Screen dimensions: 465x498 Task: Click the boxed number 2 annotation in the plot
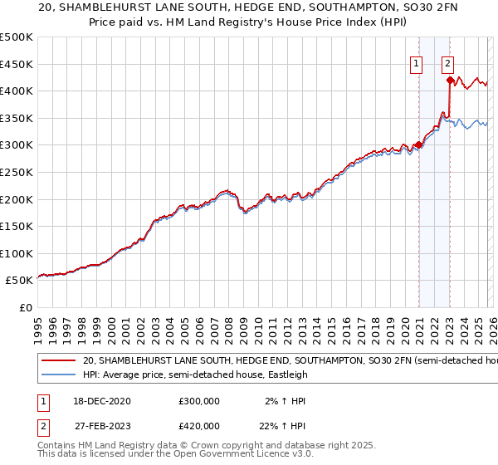pos(447,62)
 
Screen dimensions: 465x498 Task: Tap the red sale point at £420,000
pos(450,81)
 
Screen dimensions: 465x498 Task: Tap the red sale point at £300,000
pos(418,145)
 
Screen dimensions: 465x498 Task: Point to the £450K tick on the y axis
pos(17,64)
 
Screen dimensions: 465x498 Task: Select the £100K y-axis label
pos(17,253)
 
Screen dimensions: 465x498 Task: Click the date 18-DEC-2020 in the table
pos(101,401)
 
